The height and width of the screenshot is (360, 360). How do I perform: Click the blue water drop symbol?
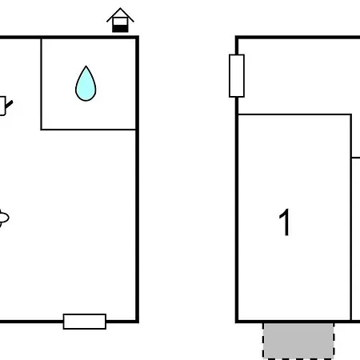86,84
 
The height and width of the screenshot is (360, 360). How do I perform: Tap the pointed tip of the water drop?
86,66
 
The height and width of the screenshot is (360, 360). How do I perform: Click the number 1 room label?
285,222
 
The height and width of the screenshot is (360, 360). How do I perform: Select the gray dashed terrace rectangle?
298,341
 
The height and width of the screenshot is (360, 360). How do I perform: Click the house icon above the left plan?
120,20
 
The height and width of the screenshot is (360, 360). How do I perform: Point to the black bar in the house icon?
120,29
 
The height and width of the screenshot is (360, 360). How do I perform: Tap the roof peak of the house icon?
120,8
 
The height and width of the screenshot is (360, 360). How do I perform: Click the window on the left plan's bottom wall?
85,322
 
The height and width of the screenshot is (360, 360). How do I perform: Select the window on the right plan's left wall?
237,76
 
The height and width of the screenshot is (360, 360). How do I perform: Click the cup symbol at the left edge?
2,106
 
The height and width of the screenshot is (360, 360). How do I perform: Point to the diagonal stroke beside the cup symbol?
9,104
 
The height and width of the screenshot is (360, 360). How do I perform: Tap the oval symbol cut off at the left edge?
4,218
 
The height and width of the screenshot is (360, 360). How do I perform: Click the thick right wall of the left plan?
138,179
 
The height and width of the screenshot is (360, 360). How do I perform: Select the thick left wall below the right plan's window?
237,210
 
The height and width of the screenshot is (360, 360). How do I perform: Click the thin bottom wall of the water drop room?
89,130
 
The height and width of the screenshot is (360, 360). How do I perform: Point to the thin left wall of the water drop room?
42,84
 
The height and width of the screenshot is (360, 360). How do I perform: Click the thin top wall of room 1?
294,114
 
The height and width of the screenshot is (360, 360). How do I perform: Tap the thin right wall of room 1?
351,218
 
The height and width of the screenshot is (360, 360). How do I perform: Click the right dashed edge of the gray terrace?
334,341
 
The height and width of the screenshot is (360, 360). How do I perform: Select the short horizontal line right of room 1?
356,158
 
